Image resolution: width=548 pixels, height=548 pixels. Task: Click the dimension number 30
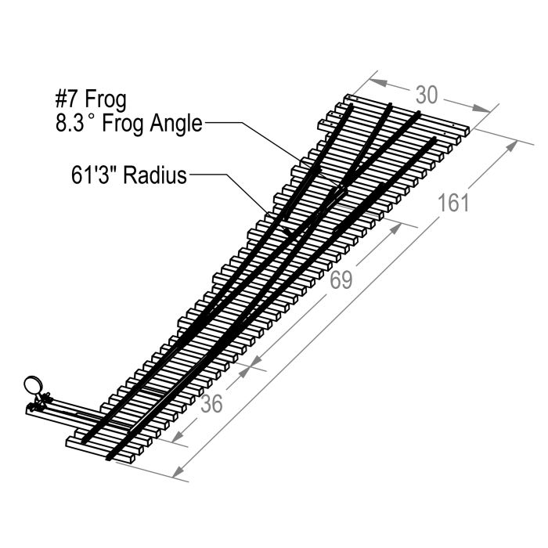[427, 95]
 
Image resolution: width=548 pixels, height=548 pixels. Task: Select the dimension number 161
[453, 203]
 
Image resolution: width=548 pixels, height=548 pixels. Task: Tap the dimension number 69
[341, 280]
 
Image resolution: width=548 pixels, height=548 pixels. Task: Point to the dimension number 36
[212, 404]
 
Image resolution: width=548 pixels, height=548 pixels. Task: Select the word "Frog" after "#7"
[106, 100]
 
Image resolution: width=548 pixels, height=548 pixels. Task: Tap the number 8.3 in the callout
[70, 124]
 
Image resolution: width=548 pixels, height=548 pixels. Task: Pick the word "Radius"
[155, 175]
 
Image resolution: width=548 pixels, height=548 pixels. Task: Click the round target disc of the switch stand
[33, 385]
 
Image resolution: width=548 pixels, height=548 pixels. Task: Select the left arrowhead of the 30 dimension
[378, 82]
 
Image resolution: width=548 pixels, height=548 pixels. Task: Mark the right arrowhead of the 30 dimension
[481, 108]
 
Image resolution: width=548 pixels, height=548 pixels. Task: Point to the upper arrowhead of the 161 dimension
[511, 146]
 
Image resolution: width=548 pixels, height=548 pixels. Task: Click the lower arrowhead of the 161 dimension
[179, 471]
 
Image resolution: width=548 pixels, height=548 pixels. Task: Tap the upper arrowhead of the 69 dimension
[395, 229]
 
